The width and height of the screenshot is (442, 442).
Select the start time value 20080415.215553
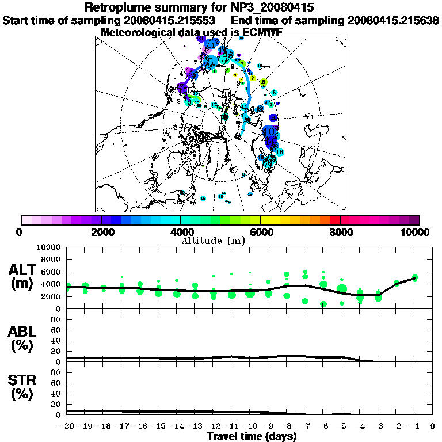(x=173, y=20)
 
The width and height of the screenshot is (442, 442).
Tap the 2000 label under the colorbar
(x=101, y=233)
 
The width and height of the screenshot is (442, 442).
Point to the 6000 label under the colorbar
(x=260, y=233)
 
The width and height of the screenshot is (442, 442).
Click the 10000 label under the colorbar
(x=416, y=233)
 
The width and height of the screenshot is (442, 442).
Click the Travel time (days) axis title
(x=252, y=437)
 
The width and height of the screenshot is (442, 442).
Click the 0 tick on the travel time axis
(x=433, y=426)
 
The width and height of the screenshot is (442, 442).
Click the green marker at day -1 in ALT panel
(x=415, y=278)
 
